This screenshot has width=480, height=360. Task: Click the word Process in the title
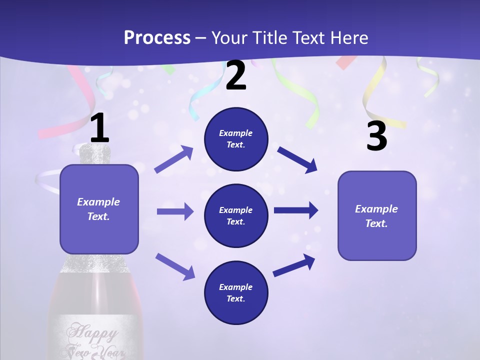(157, 38)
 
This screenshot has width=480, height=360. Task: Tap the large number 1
(99, 128)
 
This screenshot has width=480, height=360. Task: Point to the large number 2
(236, 75)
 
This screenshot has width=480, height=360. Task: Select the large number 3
(376, 136)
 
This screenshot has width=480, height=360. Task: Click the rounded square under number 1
(99, 209)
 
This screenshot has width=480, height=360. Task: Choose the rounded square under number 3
(377, 215)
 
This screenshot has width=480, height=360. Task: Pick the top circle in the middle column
(236, 139)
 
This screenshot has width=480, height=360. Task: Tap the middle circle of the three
(236, 215)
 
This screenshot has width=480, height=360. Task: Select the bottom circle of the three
(236, 292)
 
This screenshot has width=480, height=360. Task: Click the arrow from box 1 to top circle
(174, 159)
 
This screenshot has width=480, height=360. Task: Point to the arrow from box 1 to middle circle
(175, 211)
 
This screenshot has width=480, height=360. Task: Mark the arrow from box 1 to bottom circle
(175, 266)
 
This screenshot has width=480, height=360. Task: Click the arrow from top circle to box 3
(297, 159)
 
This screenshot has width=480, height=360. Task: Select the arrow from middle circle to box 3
(296, 210)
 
